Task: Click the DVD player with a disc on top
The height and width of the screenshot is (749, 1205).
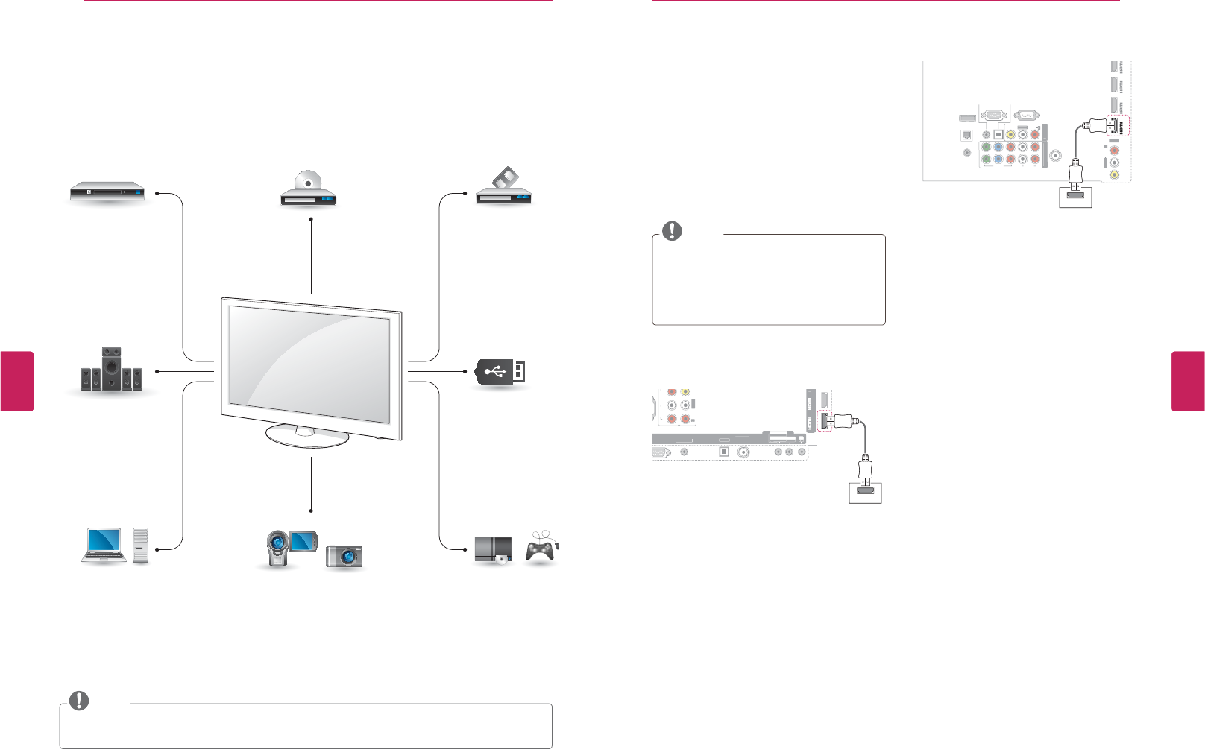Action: (x=308, y=191)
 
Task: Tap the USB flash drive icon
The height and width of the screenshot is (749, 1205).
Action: (x=501, y=371)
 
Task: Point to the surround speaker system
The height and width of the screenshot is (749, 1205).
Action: (x=111, y=370)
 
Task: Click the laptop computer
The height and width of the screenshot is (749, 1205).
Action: (x=104, y=545)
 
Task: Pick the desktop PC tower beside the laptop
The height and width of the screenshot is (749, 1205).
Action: (x=141, y=545)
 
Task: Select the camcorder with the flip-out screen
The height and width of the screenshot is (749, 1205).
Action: (x=291, y=549)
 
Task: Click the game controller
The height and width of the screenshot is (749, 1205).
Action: (x=541, y=549)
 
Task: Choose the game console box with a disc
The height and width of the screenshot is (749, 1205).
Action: (x=493, y=550)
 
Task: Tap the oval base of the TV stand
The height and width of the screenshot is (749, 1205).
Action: (x=307, y=437)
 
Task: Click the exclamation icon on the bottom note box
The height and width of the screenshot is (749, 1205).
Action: (x=78, y=701)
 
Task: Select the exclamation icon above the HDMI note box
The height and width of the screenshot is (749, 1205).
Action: (x=672, y=231)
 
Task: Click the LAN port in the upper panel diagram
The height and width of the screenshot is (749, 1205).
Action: (x=967, y=136)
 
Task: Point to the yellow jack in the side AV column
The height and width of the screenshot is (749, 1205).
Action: (x=1114, y=175)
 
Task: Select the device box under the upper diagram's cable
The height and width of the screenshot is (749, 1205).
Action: (x=1075, y=197)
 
